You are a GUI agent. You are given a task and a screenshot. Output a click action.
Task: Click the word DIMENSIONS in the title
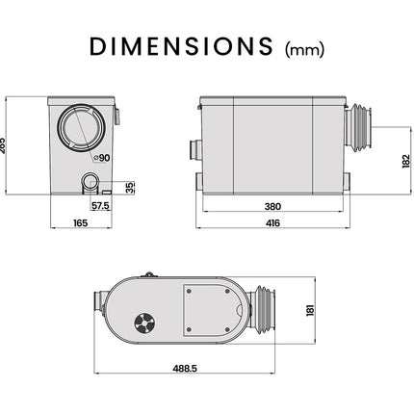tap(181, 46)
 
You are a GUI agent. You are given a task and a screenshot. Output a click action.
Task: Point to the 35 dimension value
tap(130, 185)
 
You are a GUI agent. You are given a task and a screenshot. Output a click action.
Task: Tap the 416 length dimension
tap(272, 223)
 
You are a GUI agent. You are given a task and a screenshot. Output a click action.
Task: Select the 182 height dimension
tap(389, 160)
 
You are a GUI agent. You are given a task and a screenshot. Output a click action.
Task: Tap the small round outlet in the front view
tap(90, 180)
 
